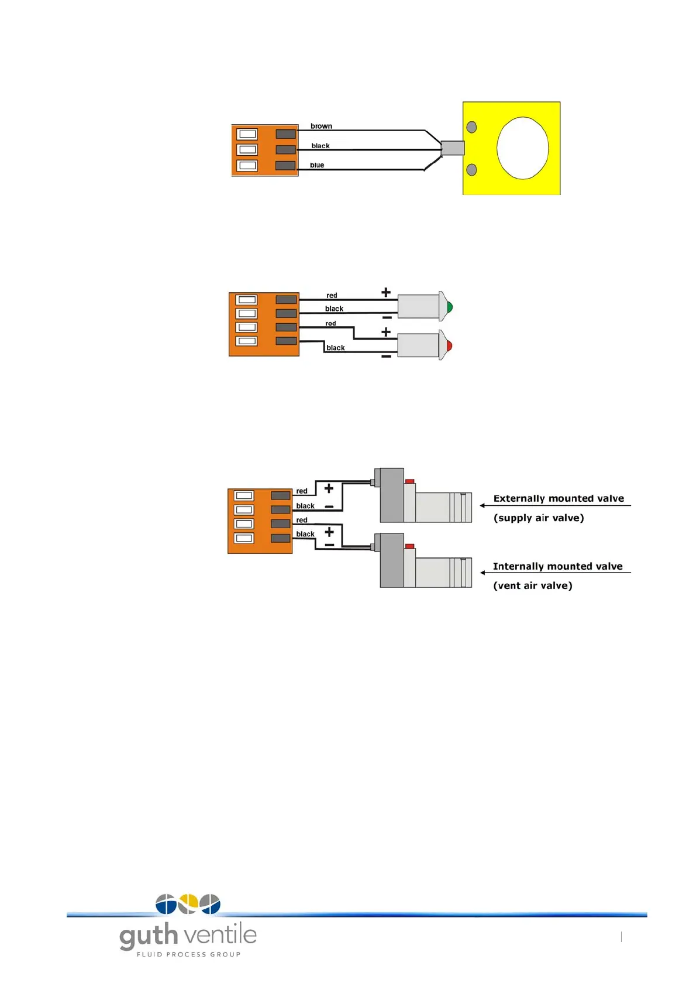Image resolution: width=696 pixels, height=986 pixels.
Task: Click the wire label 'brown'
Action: pyautogui.click(x=321, y=126)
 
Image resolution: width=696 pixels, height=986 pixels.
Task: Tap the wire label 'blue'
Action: pyautogui.click(x=317, y=165)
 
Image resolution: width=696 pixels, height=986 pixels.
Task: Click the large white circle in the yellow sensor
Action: pyautogui.click(x=522, y=148)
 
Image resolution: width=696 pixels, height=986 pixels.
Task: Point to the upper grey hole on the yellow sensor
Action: pyautogui.click(x=471, y=127)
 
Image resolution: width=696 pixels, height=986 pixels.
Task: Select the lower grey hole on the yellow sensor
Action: pyautogui.click(x=471, y=170)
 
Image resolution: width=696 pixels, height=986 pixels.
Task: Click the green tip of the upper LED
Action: pyautogui.click(x=449, y=307)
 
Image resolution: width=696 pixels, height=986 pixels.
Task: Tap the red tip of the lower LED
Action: pyautogui.click(x=449, y=346)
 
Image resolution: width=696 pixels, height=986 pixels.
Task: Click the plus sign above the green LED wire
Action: pyautogui.click(x=386, y=292)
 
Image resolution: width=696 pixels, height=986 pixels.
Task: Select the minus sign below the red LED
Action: pyautogui.click(x=386, y=356)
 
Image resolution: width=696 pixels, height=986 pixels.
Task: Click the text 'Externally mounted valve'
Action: pyautogui.click(x=559, y=498)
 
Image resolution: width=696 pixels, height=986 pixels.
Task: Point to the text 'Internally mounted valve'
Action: pyautogui.click(x=557, y=566)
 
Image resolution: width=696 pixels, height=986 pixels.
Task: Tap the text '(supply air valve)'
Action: pyautogui.click(x=539, y=518)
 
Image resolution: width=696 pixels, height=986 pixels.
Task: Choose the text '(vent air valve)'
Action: pyautogui.click(x=533, y=586)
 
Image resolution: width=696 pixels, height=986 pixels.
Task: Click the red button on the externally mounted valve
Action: pyautogui.click(x=410, y=481)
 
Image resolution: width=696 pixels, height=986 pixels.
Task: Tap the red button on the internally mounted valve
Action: pyautogui.click(x=410, y=546)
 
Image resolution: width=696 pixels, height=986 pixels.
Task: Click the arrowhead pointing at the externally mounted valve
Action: pyautogui.click(x=483, y=505)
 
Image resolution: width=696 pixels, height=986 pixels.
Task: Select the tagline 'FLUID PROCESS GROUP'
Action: pyautogui.click(x=188, y=954)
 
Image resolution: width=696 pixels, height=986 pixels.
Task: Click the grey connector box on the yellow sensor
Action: pyautogui.click(x=452, y=148)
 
